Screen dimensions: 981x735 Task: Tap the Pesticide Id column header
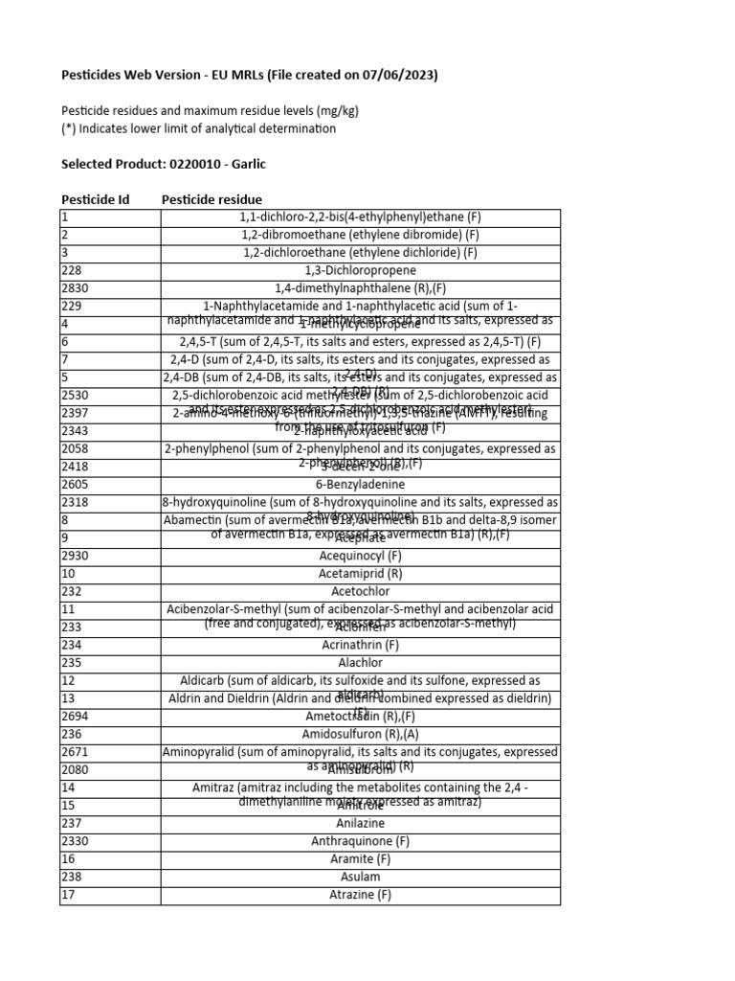coord(95,199)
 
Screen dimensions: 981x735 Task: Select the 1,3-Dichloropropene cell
coord(360,270)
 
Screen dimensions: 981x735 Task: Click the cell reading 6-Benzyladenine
coord(360,485)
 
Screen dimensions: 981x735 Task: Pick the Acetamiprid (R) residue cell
coord(360,574)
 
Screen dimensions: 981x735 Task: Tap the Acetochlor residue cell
coord(360,592)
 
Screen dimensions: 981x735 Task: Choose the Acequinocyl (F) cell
coord(360,556)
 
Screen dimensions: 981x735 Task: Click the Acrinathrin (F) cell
coord(360,646)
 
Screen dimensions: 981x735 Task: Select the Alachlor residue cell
coord(360,663)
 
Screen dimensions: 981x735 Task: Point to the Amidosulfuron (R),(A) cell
coord(360,734)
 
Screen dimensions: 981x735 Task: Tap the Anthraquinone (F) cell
coord(360,841)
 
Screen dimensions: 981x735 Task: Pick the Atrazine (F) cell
coord(360,895)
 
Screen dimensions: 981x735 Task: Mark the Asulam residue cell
coord(360,877)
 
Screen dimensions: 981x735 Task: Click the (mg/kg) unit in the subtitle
coord(332,110)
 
